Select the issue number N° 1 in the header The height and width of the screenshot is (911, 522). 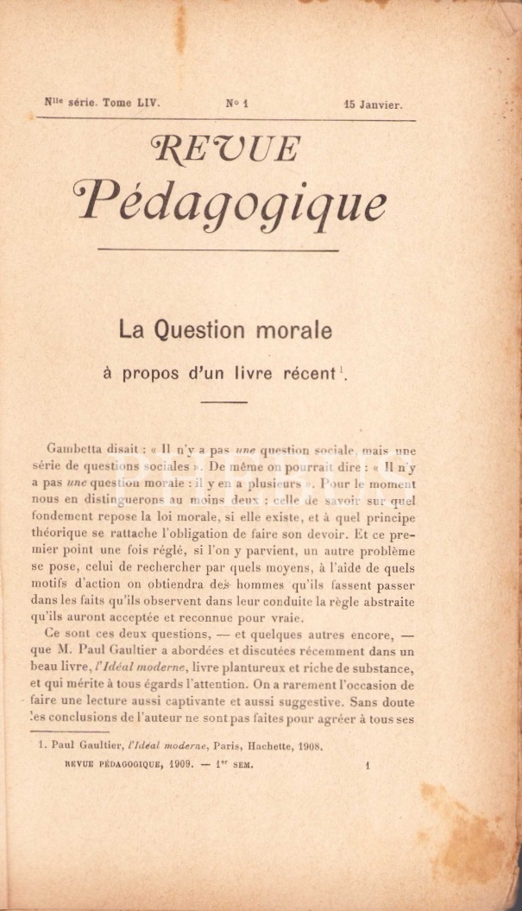pyautogui.click(x=237, y=104)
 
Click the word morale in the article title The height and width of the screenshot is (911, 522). pyautogui.click(x=301, y=329)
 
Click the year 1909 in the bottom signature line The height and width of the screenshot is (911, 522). pyautogui.click(x=181, y=764)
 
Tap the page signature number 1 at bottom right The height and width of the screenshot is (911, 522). pyautogui.click(x=368, y=764)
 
